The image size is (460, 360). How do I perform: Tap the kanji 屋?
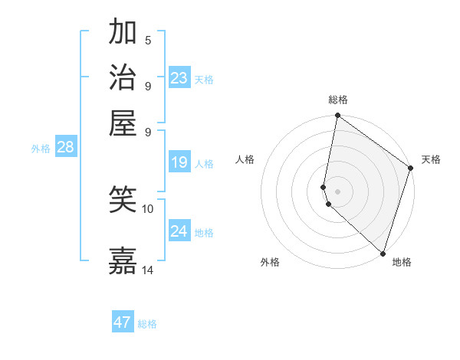click(123, 122)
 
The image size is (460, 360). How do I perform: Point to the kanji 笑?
click(123, 201)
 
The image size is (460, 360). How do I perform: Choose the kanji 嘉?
click(123, 260)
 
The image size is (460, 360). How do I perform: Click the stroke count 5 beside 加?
click(148, 41)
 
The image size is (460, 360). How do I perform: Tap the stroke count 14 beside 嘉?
click(148, 270)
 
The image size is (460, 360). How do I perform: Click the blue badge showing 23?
click(179, 78)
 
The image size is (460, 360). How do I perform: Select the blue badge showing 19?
click(179, 162)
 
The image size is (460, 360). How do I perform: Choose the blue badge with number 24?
click(179, 231)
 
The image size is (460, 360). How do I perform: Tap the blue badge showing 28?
click(65, 148)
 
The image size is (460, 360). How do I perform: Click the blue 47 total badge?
click(123, 322)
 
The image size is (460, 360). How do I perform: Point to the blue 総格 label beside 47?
click(147, 324)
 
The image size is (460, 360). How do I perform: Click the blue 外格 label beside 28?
click(41, 149)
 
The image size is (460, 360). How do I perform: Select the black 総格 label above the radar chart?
click(337, 100)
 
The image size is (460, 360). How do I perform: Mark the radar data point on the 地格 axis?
click(383, 253)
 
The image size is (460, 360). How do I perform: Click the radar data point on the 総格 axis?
click(337, 116)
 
